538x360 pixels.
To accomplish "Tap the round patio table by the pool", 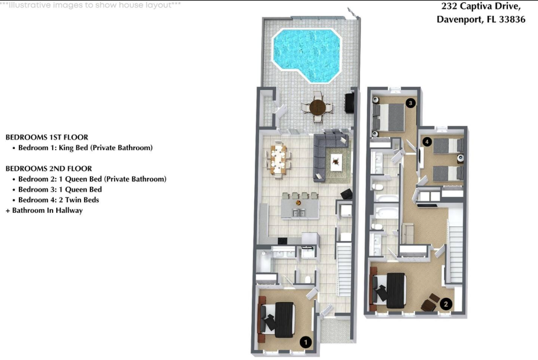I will [317, 108].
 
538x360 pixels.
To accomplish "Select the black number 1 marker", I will [306, 341].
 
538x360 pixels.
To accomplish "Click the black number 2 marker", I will [446, 304].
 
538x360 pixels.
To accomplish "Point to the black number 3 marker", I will [410, 103].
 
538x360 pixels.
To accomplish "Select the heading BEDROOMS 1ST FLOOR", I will [47, 137].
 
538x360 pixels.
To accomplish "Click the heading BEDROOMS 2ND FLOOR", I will [48, 168].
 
